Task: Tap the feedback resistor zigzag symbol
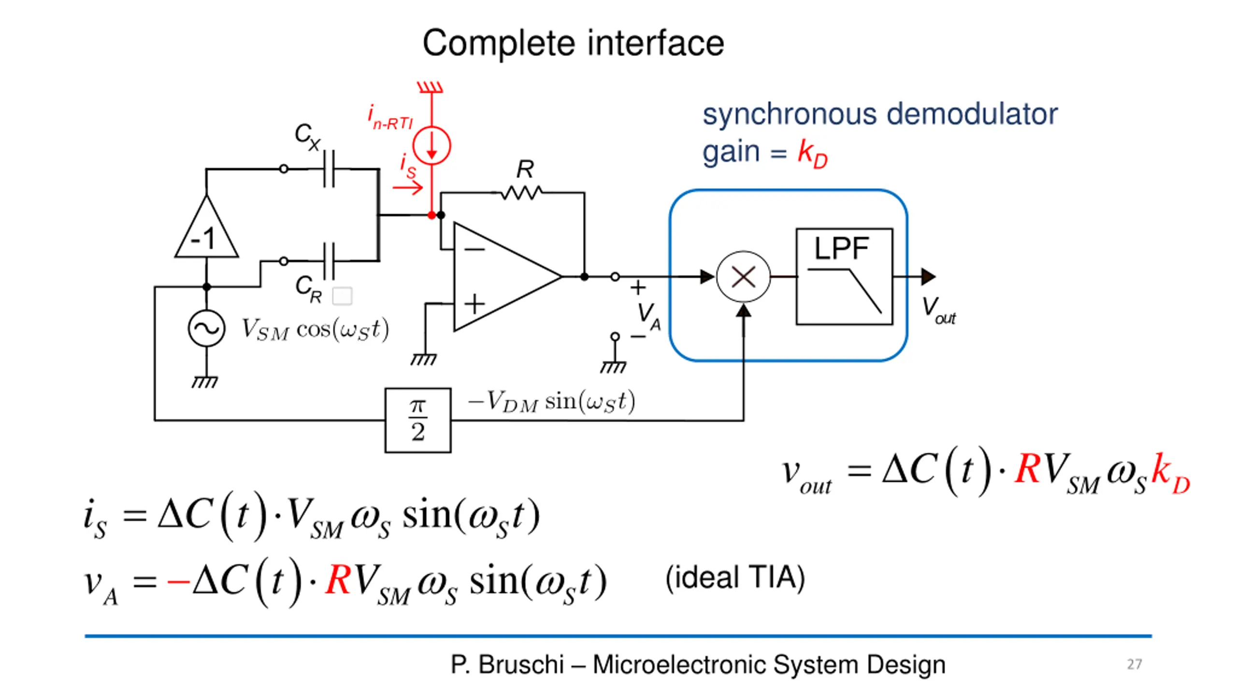click(521, 193)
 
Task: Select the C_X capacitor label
click(307, 136)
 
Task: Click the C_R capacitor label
click(308, 289)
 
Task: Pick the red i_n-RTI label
click(390, 117)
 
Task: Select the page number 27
click(1135, 664)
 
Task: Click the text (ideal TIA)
click(735, 577)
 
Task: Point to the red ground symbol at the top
click(430, 87)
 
